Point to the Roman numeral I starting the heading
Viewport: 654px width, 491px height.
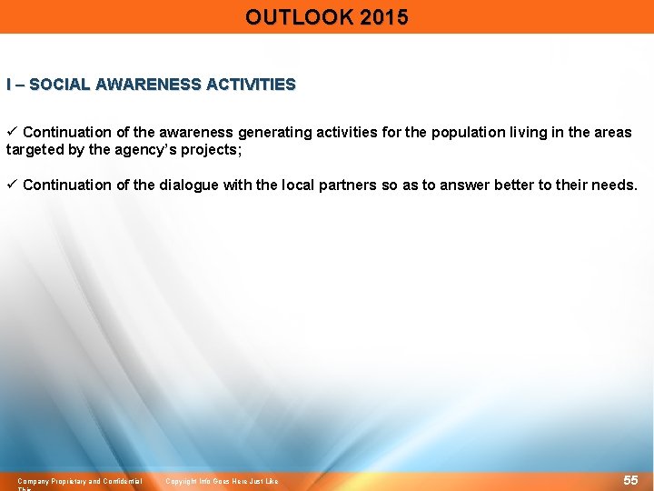coord(9,85)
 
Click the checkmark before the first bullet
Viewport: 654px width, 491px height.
coord(12,133)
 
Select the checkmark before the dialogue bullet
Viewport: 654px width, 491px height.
coord(12,185)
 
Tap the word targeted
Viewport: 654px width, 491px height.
coord(34,150)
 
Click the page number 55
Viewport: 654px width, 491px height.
coord(630,479)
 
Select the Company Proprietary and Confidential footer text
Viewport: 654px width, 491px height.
coord(80,481)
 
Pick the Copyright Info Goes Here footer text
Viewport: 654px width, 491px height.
coord(222,481)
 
